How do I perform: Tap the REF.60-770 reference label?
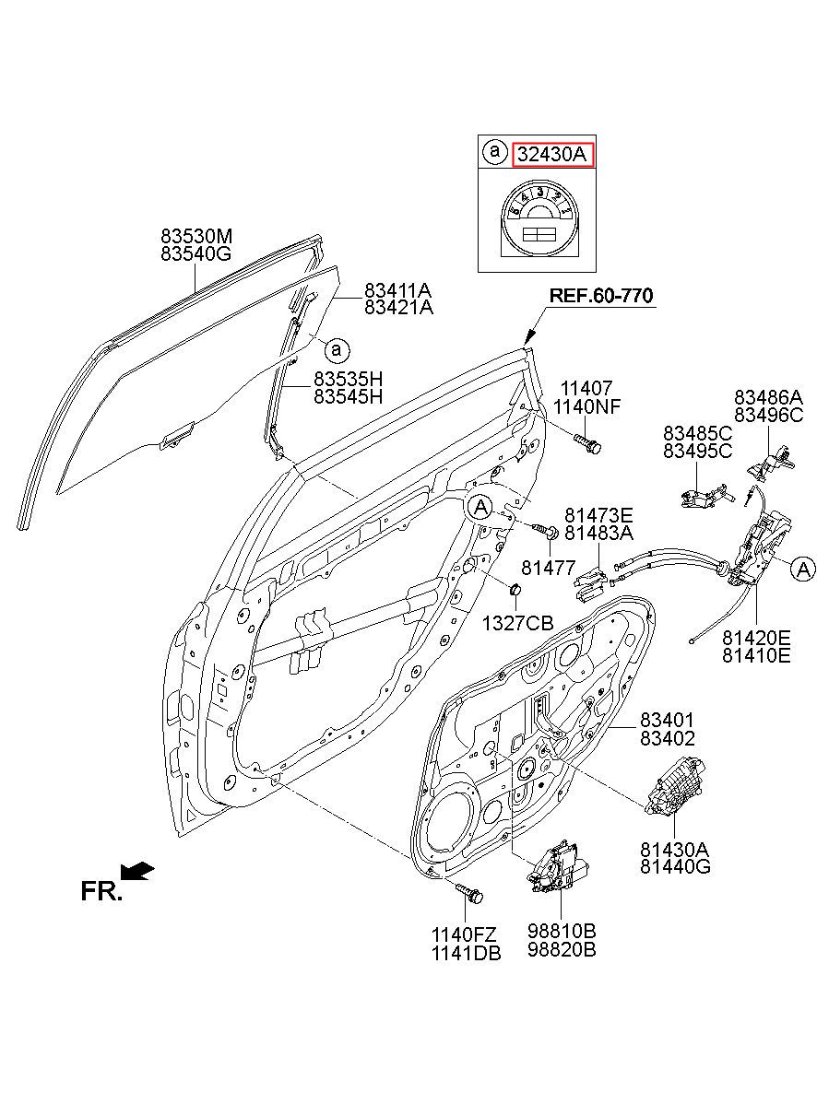[x=600, y=296]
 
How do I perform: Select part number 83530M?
[x=196, y=236]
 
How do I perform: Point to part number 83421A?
[x=398, y=308]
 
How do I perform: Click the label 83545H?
[x=348, y=396]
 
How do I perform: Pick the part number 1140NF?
[x=586, y=406]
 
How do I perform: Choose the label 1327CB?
[x=517, y=623]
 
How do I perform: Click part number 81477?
[x=549, y=568]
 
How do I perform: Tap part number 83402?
[x=667, y=738]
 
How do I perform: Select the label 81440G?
[x=675, y=866]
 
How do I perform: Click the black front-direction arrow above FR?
[x=137, y=871]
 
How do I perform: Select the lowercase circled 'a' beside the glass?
[x=337, y=350]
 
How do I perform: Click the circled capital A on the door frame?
[x=480, y=508]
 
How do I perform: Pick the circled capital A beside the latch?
[x=802, y=569]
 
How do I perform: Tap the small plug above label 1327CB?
[x=514, y=589]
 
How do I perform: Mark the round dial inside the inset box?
[x=538, y=223]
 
